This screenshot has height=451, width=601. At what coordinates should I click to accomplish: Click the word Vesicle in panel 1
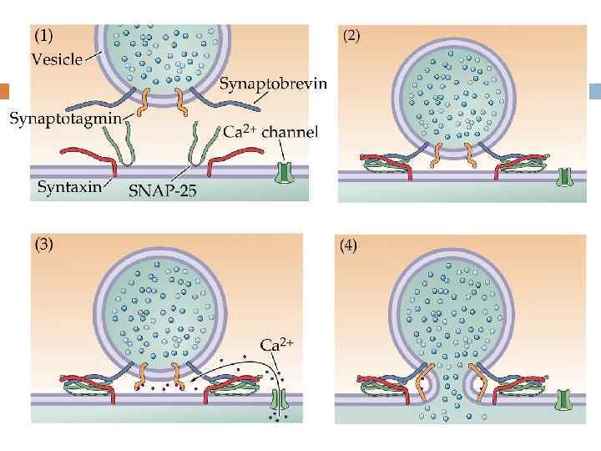pyautogui.click(x=57, y=58)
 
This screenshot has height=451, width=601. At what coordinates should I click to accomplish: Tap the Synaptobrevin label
pyautogui.click(x=273, y=84)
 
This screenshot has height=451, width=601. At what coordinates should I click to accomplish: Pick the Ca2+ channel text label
pyautogui.click(x=270, y=132)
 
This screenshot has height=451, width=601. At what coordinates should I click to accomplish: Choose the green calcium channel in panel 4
pyautogui.click(x=567, y=398)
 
